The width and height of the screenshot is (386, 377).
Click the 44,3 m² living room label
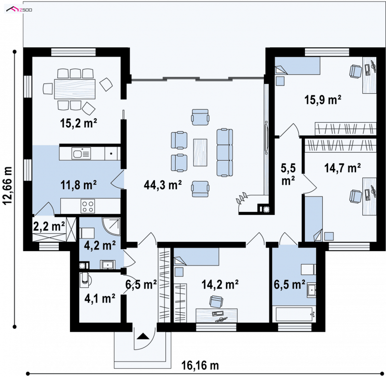[x=163, y=185]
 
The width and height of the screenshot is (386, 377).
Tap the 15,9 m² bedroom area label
[x=323, y=100]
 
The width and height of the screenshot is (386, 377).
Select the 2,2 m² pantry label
[x=49, y=226]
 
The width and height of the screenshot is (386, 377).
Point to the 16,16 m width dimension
[x=200, y=365]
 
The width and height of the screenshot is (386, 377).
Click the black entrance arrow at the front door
[x=143, y=336]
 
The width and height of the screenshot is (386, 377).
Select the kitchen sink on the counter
[x=81, y=154]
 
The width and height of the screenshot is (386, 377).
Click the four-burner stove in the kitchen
[x=88, y=206]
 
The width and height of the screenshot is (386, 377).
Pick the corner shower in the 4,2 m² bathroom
[x=111, y=226]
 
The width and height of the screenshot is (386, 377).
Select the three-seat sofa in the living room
[x=225, y=153]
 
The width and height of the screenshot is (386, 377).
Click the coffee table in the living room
[x=200, y=153]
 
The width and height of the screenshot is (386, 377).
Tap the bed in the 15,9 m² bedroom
[x=297, y=66]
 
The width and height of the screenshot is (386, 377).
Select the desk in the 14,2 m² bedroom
[x=217, y=315]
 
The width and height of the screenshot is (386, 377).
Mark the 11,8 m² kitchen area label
[x=78, y=185]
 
